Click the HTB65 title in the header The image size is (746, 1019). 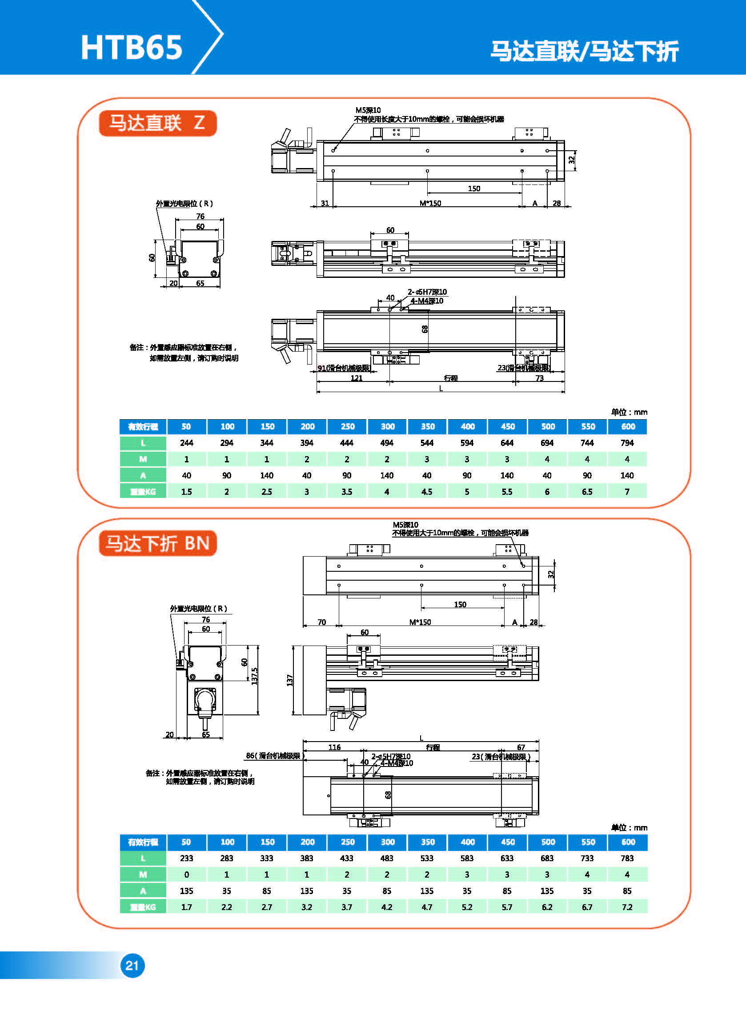pos(132,48)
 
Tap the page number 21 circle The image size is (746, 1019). pos(132,965)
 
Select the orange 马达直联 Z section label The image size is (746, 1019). pos(157,123)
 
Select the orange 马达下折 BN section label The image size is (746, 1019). pos(157,543)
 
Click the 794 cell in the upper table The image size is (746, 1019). pos(627,443)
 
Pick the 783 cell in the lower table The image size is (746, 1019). pos(627,858)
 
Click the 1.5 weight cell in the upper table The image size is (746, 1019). pos(187,492)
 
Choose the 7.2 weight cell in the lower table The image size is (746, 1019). pos(627,907)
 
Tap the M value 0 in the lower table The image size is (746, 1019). pos(187,875)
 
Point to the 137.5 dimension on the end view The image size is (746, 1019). pos(255,676)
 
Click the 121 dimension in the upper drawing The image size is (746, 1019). pos(356,378)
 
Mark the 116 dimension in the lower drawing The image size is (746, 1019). pos(334,747)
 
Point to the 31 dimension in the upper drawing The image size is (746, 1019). pos(325,203)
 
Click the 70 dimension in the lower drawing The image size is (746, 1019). pos(321,622)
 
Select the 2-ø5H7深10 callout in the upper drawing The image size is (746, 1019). pos(427,292)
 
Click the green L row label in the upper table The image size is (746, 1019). pos(143,443)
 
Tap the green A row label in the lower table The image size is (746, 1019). pos(143,891)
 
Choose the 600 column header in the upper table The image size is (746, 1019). pos(628,427)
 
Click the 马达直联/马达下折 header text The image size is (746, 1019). pos(584,51)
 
